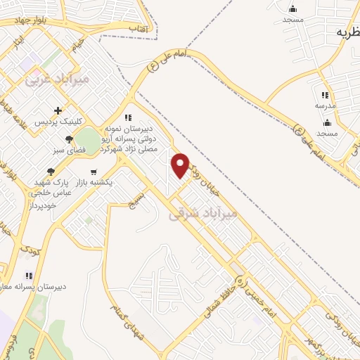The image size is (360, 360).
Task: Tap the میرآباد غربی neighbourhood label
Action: pyautogui.click(x=57, y=79)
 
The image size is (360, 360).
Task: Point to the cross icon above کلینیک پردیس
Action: pyautogui.click(x=58, y=110)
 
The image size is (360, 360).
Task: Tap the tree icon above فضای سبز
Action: pyautogui.click(x=69, y=140)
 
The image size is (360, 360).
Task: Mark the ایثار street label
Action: pyautogui.click(x=18, y=44)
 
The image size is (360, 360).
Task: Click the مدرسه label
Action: pyautogui.click(x=325, y=105)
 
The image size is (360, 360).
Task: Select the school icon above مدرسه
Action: pyautogui.click(x=324, y=94)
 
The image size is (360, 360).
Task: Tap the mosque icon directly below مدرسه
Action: pyautogui.click(x=327, y=122)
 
